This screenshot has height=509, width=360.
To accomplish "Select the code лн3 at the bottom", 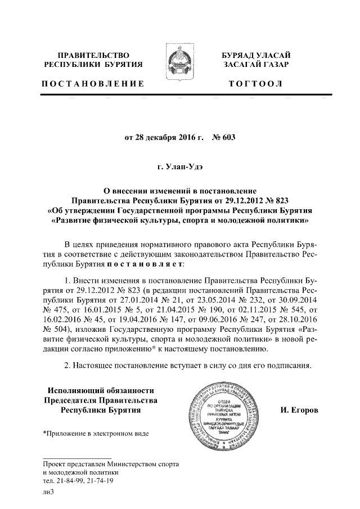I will coord(48,492).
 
